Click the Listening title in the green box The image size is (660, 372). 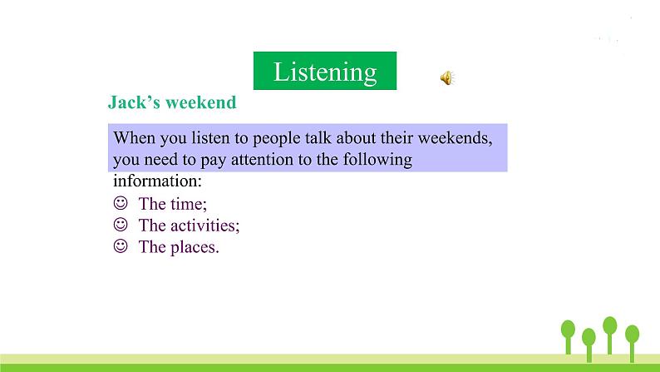pyautogui.click(x=324, y=72)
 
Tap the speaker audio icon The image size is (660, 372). pyautogui.click(x=446, y=78)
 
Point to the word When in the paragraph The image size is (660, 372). pyautogui.click(x=132, y=136)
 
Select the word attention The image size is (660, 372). pyautogui.click(x=273, y=159)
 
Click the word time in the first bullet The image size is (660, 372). pyautogui.click(x=188, y=204)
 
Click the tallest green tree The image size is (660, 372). pyautogui.click(x=610, y=333)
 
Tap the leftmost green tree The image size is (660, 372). pyautogui.click(x=569, y=336)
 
